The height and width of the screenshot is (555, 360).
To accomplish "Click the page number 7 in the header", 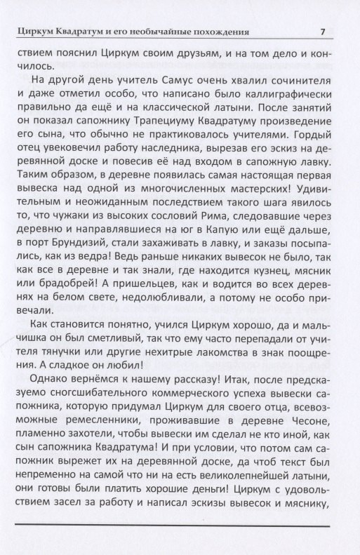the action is click(321, 31).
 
